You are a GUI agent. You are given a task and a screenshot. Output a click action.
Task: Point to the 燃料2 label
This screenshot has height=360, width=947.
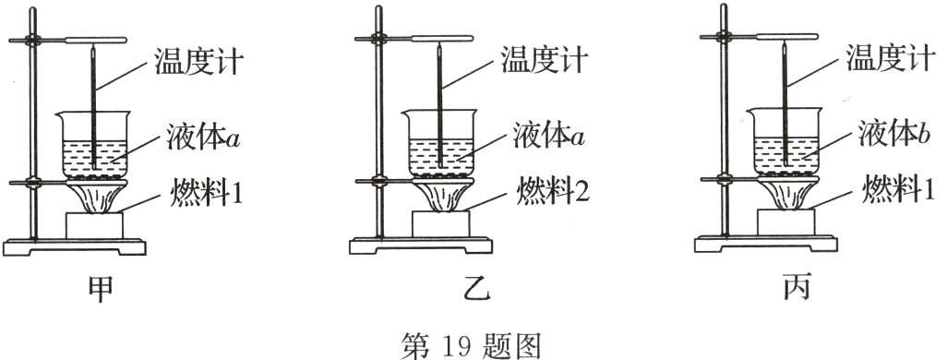pyautogui.click(x=550, y=193)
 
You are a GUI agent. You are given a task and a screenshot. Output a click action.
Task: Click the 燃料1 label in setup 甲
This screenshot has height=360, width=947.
pyautogui.click(x=204, y=193)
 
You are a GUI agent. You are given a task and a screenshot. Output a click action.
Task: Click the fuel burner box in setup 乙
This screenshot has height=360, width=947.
pyautogui.click(x=440, y=224)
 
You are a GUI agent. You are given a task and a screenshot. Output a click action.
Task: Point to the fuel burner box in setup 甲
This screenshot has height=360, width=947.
pyautogui.click(x=94, y=224)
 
